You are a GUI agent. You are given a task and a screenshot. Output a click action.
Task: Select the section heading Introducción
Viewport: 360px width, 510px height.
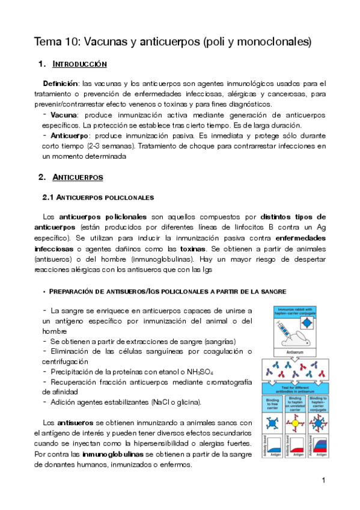[x=80, y=64]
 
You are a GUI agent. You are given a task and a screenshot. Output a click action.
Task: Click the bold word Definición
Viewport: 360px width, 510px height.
[x=61, y=82]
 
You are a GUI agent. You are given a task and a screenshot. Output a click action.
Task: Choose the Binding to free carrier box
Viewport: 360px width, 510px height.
[x=270, y=404]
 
